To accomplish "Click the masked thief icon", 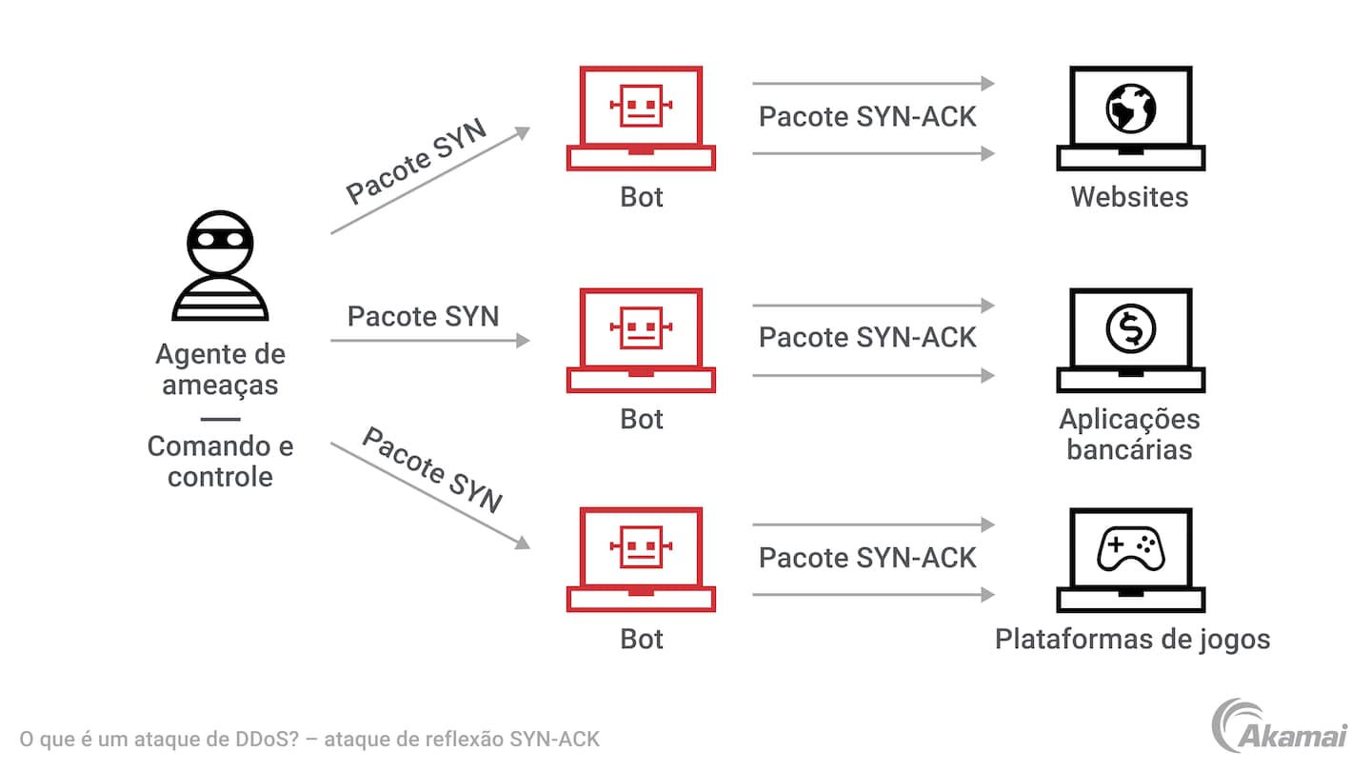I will (220, 266).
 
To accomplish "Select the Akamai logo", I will (1278, 725).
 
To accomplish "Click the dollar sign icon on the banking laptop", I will (1130, 328).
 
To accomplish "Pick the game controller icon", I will (1130, 549).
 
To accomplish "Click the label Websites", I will (1129, 197).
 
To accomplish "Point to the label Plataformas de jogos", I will (1132, 639).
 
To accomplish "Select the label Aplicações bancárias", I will (1129, 434).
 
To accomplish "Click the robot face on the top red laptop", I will (641, 105).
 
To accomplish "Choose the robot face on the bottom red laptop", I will (641, 546).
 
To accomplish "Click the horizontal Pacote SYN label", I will (423, 316).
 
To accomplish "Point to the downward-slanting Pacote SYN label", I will (432, 470).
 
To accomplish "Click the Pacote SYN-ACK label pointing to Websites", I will (867, 117).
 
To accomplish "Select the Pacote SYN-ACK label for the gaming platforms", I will (867, 558).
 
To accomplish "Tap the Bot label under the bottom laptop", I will (641, 639).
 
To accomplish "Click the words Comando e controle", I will (220, 461).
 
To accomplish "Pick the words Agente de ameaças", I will (220, 369).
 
